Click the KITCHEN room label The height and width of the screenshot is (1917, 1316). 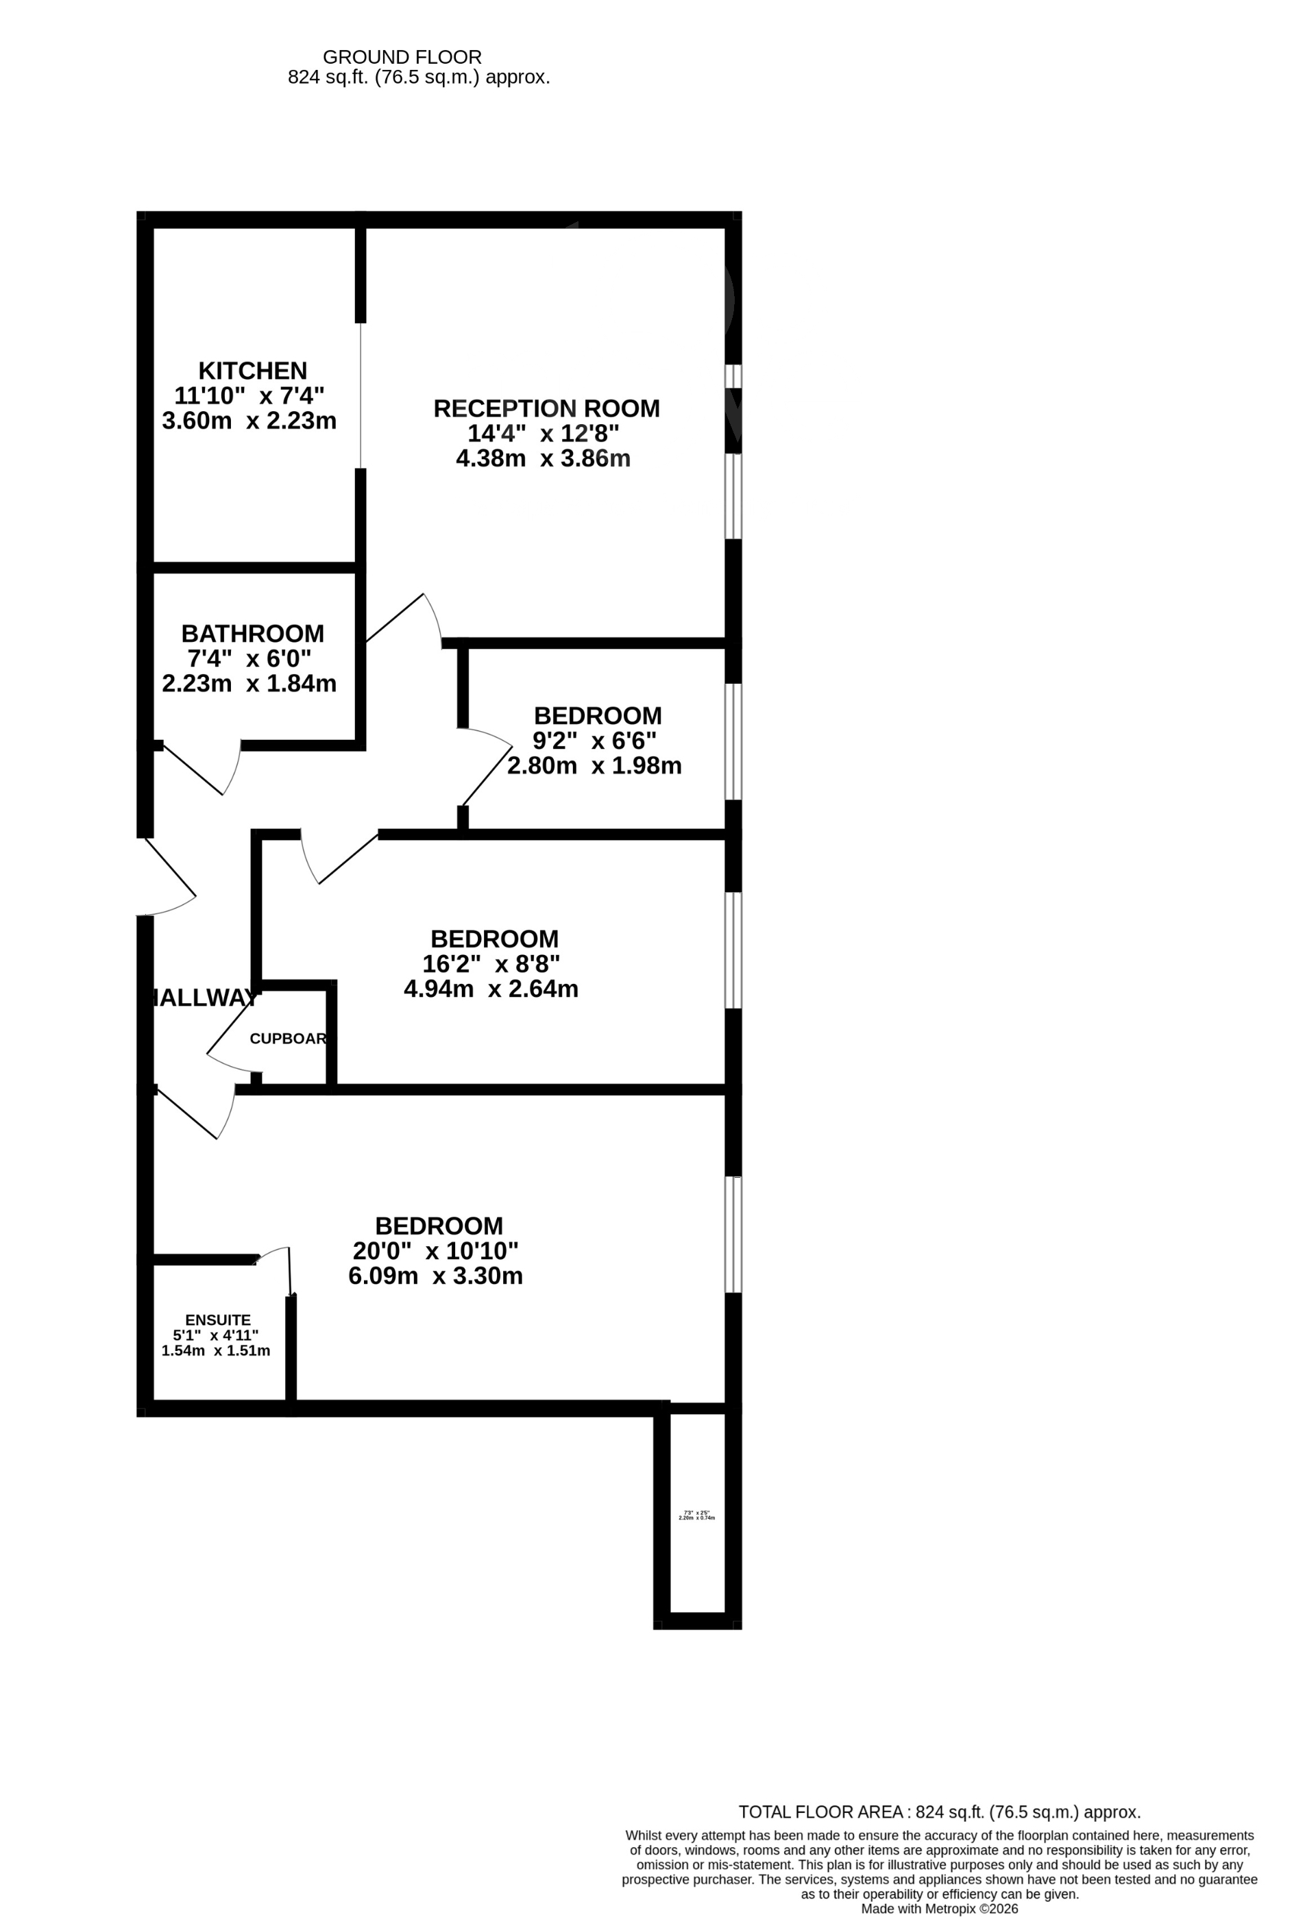(x=252, y=371)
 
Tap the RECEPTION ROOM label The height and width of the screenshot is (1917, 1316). (x=546, y=409)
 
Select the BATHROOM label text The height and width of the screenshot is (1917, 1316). (x=252, y=634)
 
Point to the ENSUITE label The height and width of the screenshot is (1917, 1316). (x=218, y=1320)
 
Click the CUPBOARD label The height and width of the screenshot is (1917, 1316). (x=288, y=1039)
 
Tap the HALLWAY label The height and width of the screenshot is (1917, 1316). (x=203, y=998)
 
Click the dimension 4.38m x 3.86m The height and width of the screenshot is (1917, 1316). (x=543, y=458)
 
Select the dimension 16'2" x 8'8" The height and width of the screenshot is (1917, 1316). (x=491, y=963)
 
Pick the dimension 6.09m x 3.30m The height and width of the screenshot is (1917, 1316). (x=436, y=1276)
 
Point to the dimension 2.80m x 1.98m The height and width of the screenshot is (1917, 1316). (x=594, y=765)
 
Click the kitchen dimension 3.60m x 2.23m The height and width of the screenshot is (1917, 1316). (x=249, y=421)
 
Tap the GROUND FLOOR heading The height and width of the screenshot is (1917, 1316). (x=402, y=57)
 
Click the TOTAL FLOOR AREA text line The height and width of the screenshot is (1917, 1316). (x=939, y=1811)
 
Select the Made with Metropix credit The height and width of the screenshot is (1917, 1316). (x=939, y=1909)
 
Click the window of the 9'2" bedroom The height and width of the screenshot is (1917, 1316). (x=733, y=741)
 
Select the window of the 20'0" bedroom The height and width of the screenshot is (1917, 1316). (x=733, y=1234)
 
